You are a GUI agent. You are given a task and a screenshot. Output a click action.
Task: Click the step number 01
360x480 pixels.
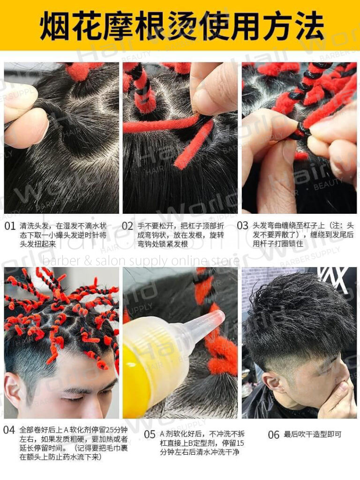coord(10,225)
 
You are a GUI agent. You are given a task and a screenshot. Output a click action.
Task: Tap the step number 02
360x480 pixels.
coord(128,225)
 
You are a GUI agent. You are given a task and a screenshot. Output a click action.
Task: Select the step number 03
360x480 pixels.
coord(242,225)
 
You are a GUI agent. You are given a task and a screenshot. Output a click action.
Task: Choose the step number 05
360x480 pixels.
coord(150,435)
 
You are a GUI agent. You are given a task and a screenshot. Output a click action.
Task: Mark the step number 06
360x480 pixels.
coord(274,435)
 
